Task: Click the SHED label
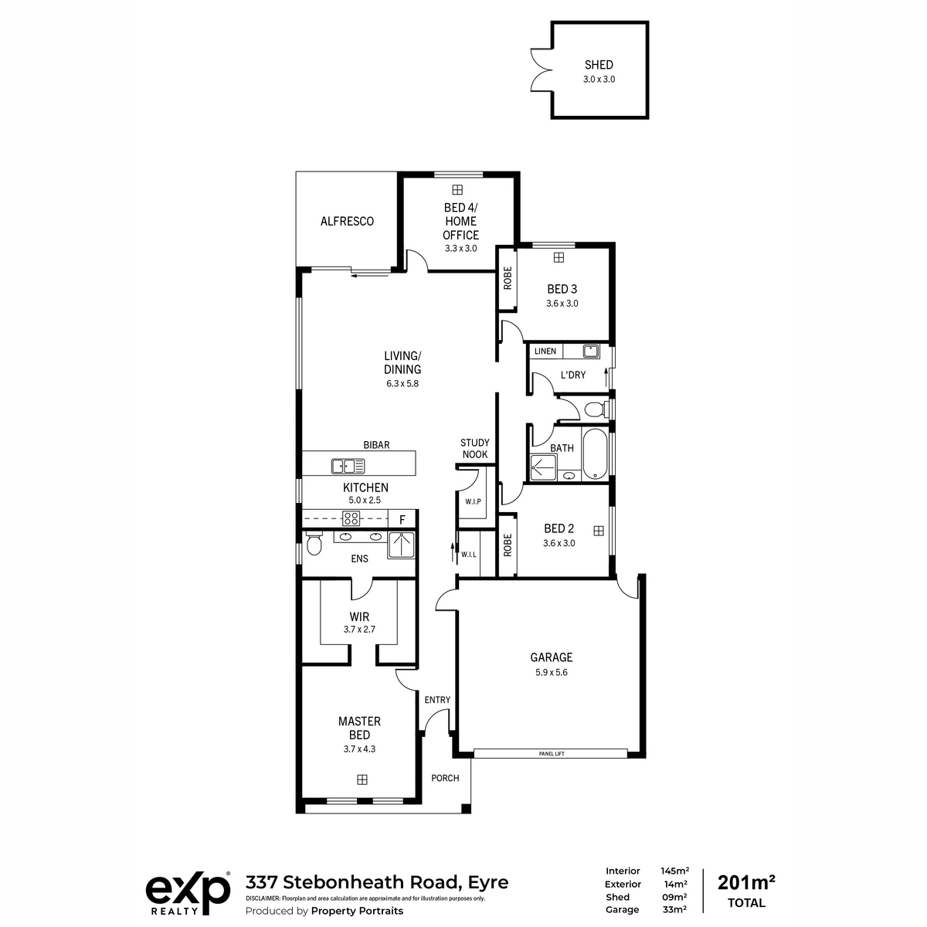599,65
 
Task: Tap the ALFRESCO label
347,221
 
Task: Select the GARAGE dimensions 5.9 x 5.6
552,673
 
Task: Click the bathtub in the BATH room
595,454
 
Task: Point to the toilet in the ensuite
313,544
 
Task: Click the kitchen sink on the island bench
348,466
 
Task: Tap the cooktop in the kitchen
351,518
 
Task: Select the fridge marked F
402,520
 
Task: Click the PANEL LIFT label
552,754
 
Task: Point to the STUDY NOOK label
475,448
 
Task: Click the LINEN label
545,351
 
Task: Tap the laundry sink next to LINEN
591,351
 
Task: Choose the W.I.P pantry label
473,502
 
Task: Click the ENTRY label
437,700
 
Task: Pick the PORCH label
445,778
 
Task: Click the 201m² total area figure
746,883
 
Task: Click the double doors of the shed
542,70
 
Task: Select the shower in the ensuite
401,545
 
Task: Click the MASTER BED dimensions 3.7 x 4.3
359,749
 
